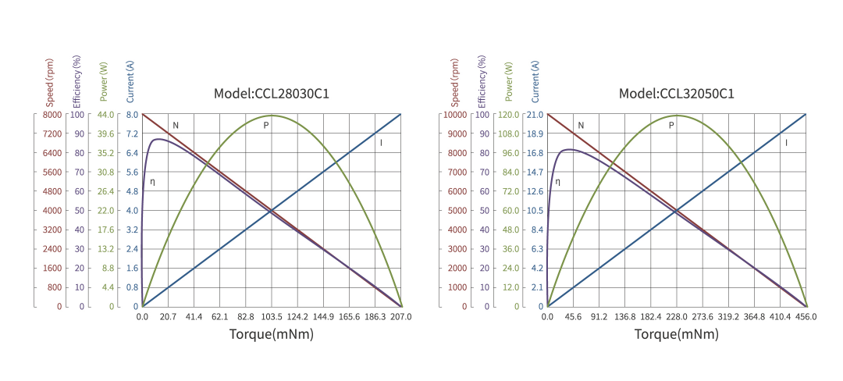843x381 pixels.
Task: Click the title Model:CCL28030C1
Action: pos(272,94)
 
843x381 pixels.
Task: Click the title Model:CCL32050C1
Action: pos(677,94)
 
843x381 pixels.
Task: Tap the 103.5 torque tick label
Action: pos(271,317)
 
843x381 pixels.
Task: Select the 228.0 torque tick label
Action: pos(677,317)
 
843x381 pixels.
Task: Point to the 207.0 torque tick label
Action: pos(400,317)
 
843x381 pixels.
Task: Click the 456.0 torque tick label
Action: pos(806,317)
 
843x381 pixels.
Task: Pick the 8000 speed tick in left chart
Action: pos(52,115)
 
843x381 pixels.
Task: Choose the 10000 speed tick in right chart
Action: pos(455,115)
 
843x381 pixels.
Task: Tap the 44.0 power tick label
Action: pos(105,115)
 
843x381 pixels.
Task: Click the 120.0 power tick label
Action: pos(509,115)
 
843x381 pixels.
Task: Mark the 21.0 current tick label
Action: pos(535,115)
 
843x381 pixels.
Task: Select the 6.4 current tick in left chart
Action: pos(132,153)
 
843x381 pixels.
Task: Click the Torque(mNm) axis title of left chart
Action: pos(272,334)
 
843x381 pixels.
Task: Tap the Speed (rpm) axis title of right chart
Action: pos(455,82)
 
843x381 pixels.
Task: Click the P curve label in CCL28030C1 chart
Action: pos(266,125)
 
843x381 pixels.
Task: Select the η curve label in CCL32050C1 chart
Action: pos(557,182)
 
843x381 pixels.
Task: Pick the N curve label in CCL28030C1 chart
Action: pos(176,125)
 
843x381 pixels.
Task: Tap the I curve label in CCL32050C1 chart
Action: pos(786,143)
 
